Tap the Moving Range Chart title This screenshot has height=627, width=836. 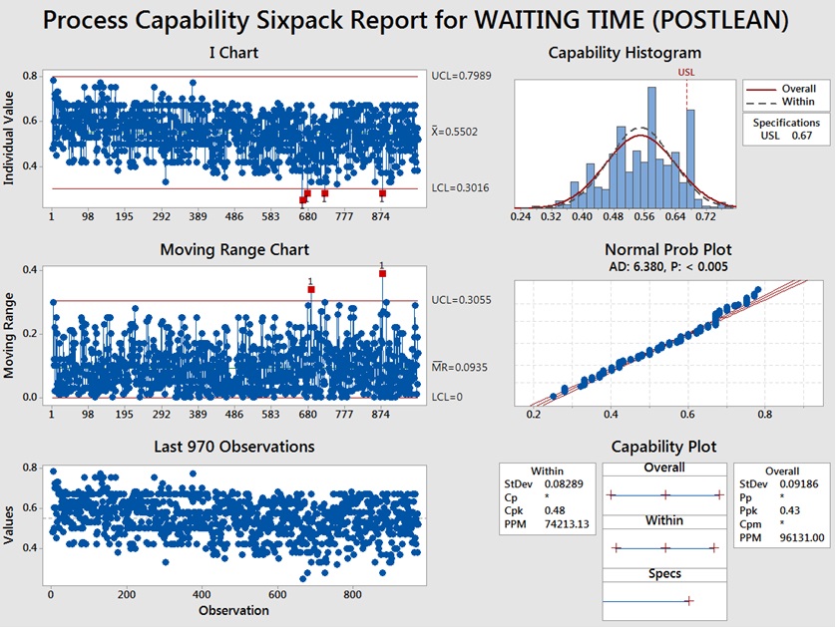click(x=234, y=249)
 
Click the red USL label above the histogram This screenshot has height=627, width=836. click(x=686, y=73)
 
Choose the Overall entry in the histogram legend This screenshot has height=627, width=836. click(x=799, y=88)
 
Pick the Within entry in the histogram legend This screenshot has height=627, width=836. click(x=798, y=101)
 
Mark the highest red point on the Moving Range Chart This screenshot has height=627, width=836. click(x=382, y=273)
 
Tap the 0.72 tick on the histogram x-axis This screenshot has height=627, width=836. click(x=705, y=214)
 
